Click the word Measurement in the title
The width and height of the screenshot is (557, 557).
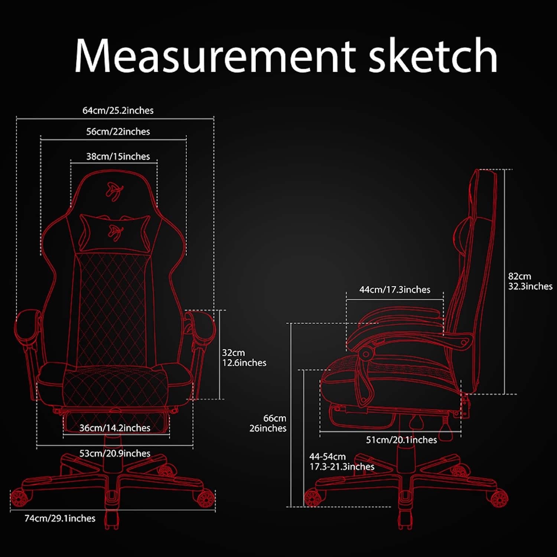(x=215, y=56)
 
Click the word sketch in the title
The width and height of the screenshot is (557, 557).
(x=433, y=56)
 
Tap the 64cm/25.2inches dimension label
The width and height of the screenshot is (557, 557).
(x=118, y=110)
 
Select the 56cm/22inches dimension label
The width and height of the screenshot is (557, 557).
(x=118, y=131)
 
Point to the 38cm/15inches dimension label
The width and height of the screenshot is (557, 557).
(x=118, y=156)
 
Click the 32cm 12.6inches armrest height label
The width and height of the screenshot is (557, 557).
(x=244, y=358)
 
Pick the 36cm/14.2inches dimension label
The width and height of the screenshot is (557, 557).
(x=115, y=428)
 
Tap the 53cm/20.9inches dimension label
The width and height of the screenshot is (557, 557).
(x=115, y=453)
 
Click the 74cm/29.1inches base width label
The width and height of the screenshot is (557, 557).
(x=60, y=518)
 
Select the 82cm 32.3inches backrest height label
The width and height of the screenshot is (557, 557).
(x=530, y=281)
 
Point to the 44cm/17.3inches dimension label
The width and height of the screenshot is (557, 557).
(x=395, y=290)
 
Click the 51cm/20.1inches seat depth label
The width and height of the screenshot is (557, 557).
(x=401, y=440)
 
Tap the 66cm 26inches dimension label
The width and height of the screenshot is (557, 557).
(x=268, y=423)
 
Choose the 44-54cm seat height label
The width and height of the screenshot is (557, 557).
(x=342, y=462)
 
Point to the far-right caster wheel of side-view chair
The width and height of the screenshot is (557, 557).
(x=499, y=498)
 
